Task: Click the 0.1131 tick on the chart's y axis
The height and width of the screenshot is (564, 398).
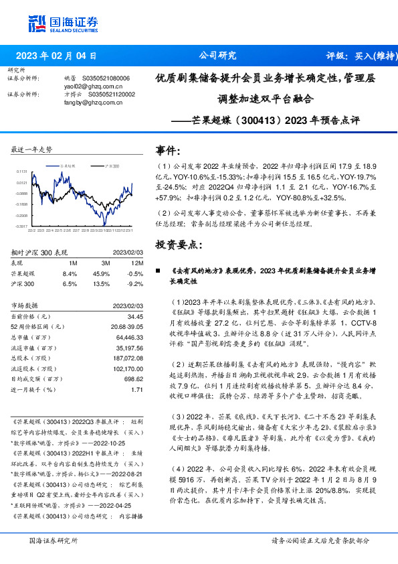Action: pos(22,172)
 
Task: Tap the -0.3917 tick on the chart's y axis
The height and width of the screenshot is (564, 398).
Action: pos(22,226)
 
